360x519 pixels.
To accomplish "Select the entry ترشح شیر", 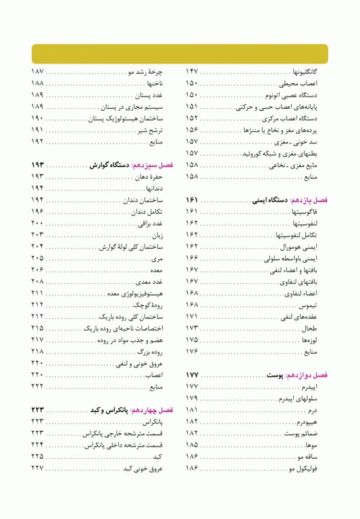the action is pyautogui.click(x=153, y=130).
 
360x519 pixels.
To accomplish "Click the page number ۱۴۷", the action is pyautogui.click(x=192, y=71).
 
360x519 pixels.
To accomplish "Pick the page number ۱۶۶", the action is pyautogui.click(x=192, y=258).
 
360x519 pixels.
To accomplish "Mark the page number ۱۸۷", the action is pyautogui.click(x=37, y=71).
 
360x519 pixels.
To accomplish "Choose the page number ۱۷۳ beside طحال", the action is pyautogui.click(x=192, y=327).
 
